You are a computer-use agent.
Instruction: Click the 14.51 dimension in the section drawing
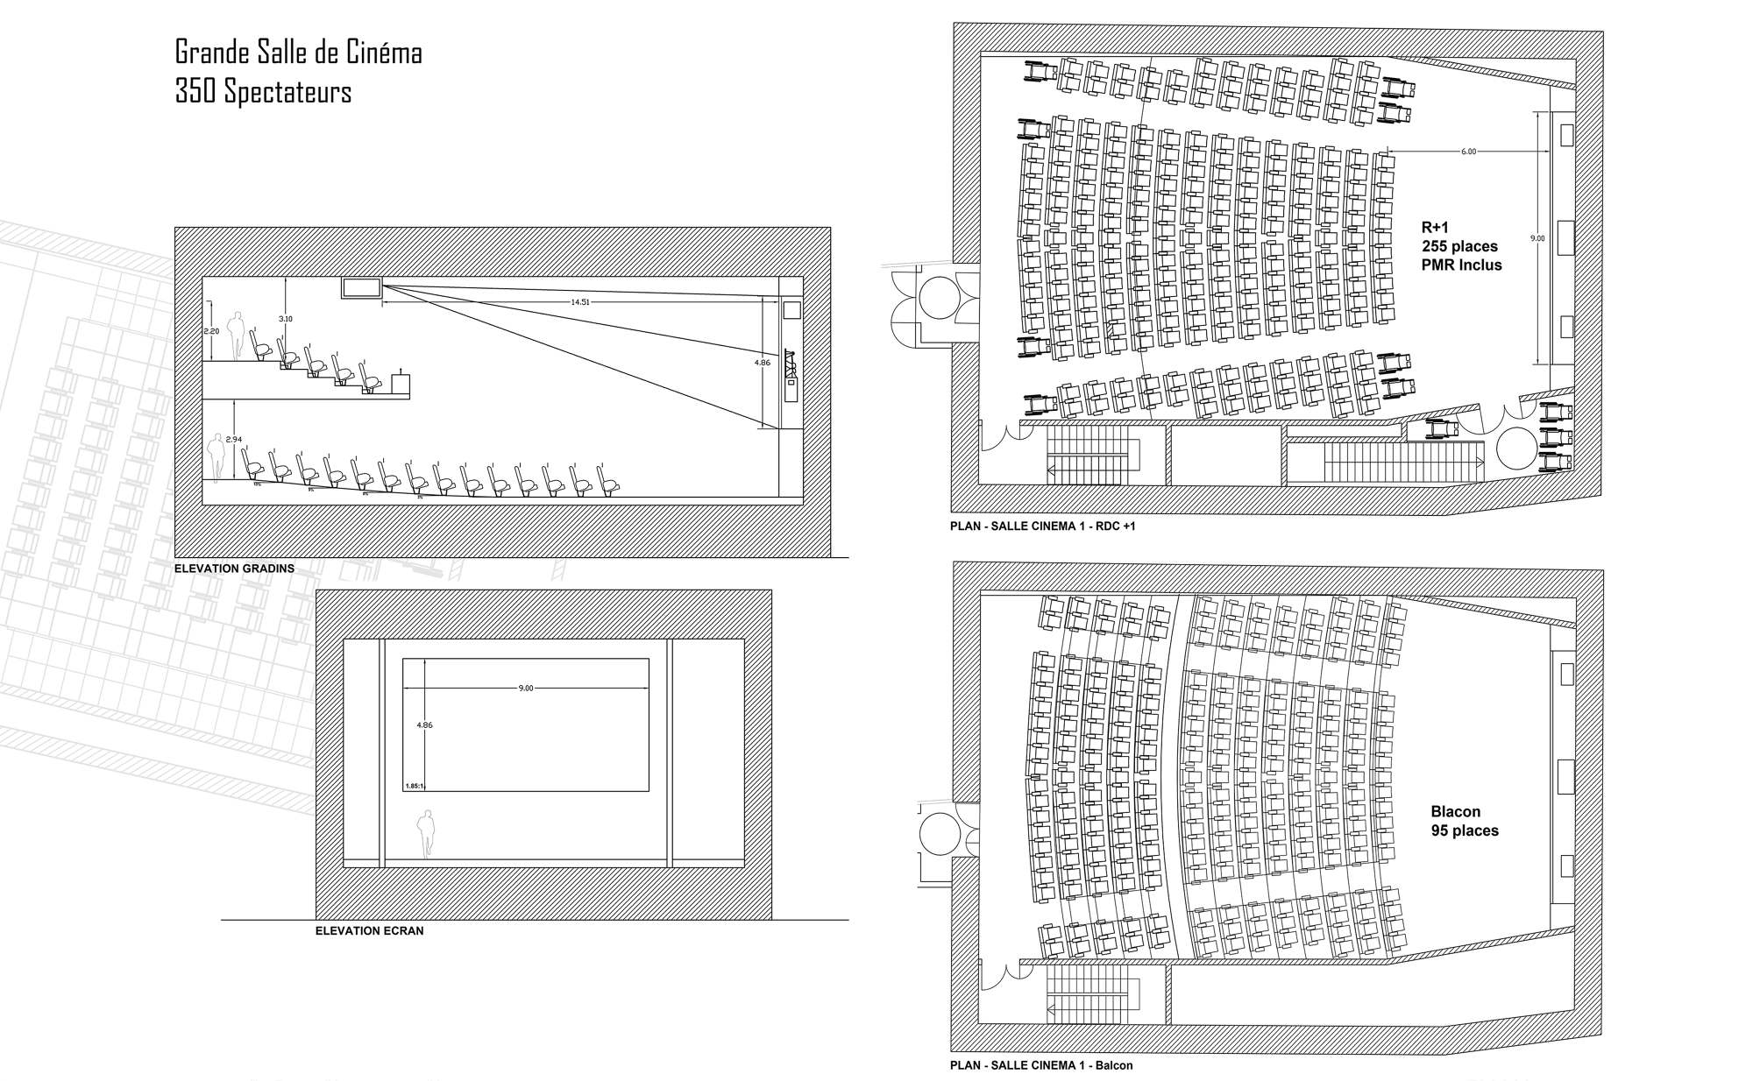[580, 302]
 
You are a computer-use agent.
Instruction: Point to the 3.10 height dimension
[286, 319]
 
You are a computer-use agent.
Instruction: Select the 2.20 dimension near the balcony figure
[210, 331]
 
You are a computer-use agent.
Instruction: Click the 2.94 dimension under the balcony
[233, 439]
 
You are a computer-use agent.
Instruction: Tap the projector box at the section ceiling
[361, 287]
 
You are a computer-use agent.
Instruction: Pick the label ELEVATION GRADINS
[234, 569]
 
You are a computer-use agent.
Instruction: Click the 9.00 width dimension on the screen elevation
[526, 688]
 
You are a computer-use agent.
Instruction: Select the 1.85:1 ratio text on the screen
[414, 787]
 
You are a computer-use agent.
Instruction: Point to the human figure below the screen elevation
[425, 832]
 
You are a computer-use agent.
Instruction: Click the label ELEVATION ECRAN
[369, 931]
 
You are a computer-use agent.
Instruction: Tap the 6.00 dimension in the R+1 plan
[1468, 152]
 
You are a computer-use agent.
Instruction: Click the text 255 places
[1459, 246]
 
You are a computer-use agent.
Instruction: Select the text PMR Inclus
[1461, 265]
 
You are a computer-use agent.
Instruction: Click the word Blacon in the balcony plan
[1455, 811]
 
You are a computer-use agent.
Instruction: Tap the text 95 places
[1464, 830]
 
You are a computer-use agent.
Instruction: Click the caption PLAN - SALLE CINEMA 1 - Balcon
[1041, 1066]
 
